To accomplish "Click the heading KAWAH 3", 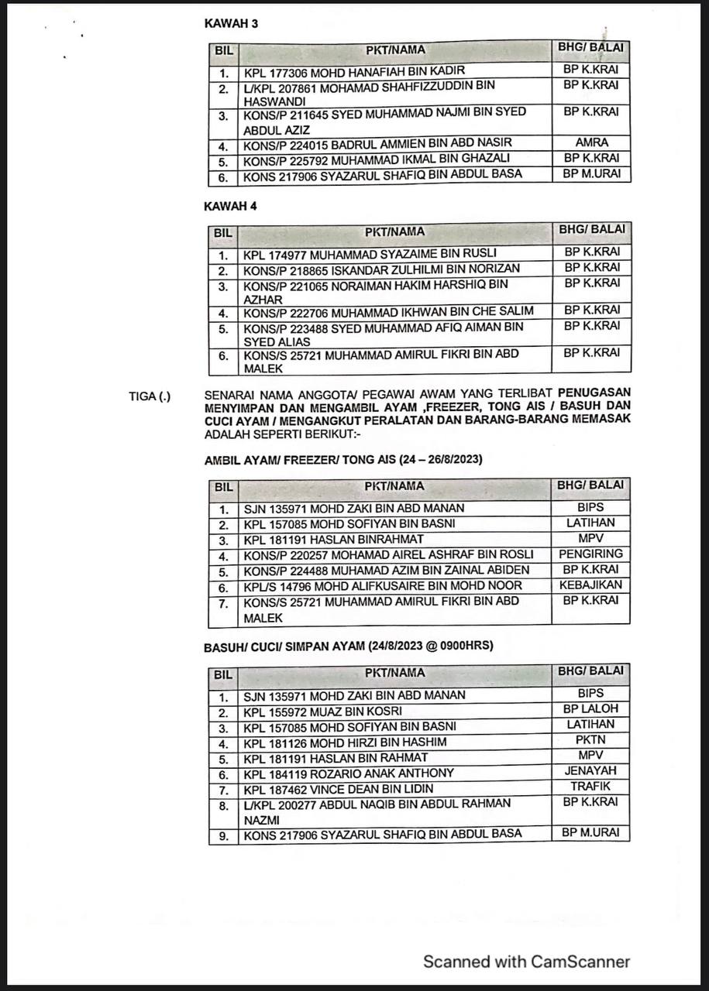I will pyautogui.click(x=231, y=23).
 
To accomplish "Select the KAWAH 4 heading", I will pyautogui.click(x=230, y=206).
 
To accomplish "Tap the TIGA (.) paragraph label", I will pyautogui.click(x=150, y=397).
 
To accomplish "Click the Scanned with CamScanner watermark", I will pyautogui.click(x=526, y=962).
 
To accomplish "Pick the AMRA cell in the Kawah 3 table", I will pyautogui.click(x=592, y=142).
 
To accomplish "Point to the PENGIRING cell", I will pyautogui.click(x=590, y=554).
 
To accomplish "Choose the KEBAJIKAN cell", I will pyautogui.click(x=590, y=585).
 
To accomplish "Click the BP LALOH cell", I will pyautogui.click(x=590, y=709).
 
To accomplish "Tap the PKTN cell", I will pyautogui.click(x=590, y=740).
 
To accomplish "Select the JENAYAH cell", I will pyautogui.click(x=590, y=771).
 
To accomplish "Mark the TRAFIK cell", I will pyautogui.click(x=590, y=787).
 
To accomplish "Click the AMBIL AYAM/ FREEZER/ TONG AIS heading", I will pyautogui.click(x=343, y=459).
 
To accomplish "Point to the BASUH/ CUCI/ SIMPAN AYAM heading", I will pyautogui.click(x=349, y=646).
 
